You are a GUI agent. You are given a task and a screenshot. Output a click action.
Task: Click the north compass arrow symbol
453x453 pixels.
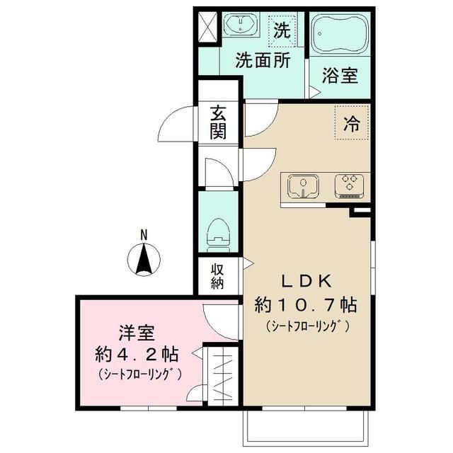click(144, 258)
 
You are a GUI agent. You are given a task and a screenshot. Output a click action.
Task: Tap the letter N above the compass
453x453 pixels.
click(144, 234)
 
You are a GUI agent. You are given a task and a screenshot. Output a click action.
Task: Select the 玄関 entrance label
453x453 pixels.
click(218, 121)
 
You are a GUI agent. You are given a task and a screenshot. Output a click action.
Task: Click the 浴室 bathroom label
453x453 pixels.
click(340, 75)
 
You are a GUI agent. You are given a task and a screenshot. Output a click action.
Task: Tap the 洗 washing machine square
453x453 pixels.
click(282, 31)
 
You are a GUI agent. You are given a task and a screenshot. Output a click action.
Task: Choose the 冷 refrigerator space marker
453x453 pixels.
click(351, 125)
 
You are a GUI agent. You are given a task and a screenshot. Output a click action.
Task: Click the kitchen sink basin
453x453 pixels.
click(303, 185)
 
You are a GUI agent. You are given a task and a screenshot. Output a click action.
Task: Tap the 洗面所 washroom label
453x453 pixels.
click(264, 61)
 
